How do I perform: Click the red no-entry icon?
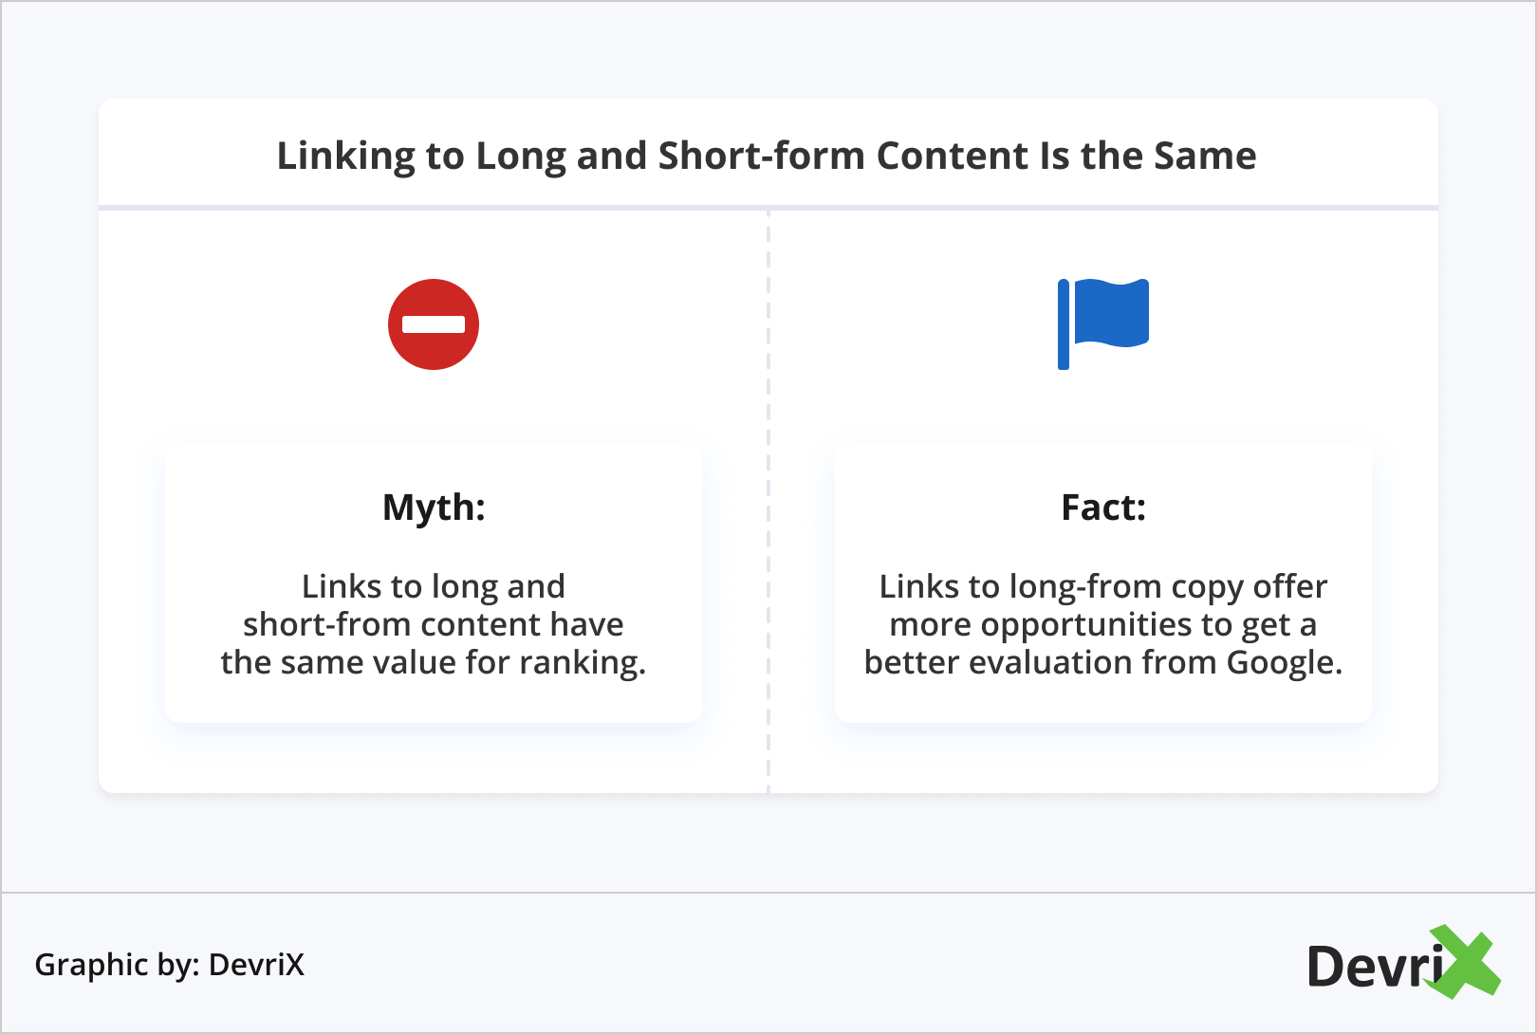tap(433, 324)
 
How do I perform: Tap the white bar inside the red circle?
tap(433, 324)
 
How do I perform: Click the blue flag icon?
tap(1103, 324)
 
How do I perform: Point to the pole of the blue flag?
tap(1064, 324)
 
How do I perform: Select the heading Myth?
tap(434, 508)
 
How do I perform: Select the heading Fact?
tap(1103, 508)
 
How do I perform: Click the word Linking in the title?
tap(345, 157)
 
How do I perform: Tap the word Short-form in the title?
tap(761, 155)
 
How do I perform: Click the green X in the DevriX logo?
tap(1462, 961)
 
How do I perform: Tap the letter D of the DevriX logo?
tap(1325, 966)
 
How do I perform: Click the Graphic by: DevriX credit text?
tap(170, 965)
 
